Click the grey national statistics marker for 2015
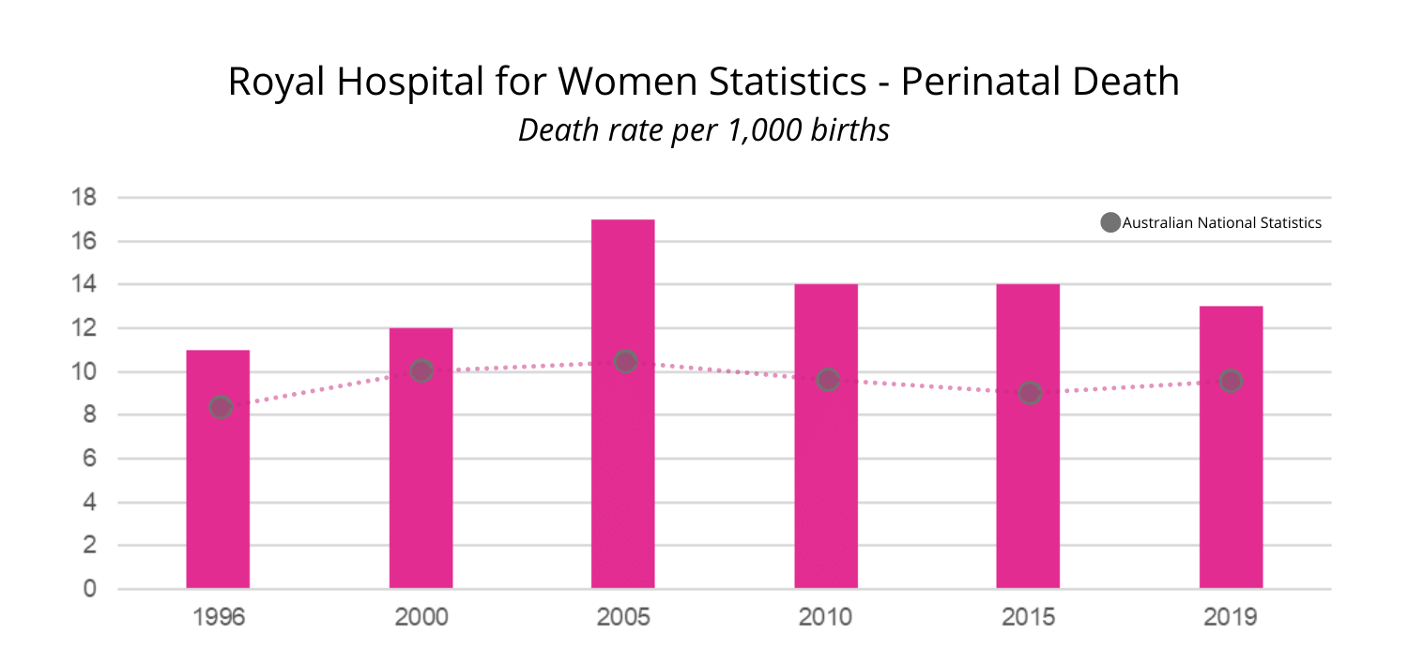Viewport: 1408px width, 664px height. [1030, 393]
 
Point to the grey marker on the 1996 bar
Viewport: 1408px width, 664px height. [221, 407]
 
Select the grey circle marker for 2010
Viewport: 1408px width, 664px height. [827, 380]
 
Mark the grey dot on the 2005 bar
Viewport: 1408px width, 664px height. [625, 361]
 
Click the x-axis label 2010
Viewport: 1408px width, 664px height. [826, 618]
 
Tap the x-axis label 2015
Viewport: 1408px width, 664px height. [1028, 618]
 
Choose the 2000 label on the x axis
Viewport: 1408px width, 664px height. [421, 618]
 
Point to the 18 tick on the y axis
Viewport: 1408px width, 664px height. [85, 198]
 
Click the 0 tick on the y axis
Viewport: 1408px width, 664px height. [90, 589]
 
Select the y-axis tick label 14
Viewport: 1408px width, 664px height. [85, 285]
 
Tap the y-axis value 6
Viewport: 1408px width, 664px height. [90, 459]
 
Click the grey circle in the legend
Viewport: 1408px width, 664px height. [1110, 223]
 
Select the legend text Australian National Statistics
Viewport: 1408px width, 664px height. [1221, 223]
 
